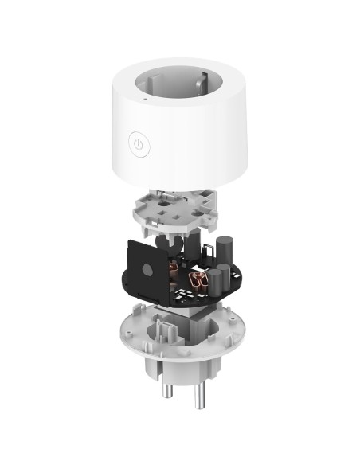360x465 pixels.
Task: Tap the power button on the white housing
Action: point(139,146)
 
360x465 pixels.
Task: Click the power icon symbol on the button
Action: point(139,146)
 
